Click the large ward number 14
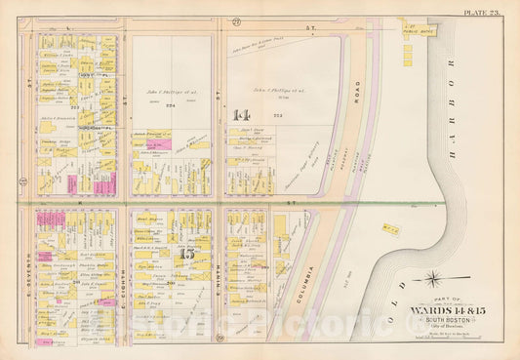pyautogui.click(x=242, y=115)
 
